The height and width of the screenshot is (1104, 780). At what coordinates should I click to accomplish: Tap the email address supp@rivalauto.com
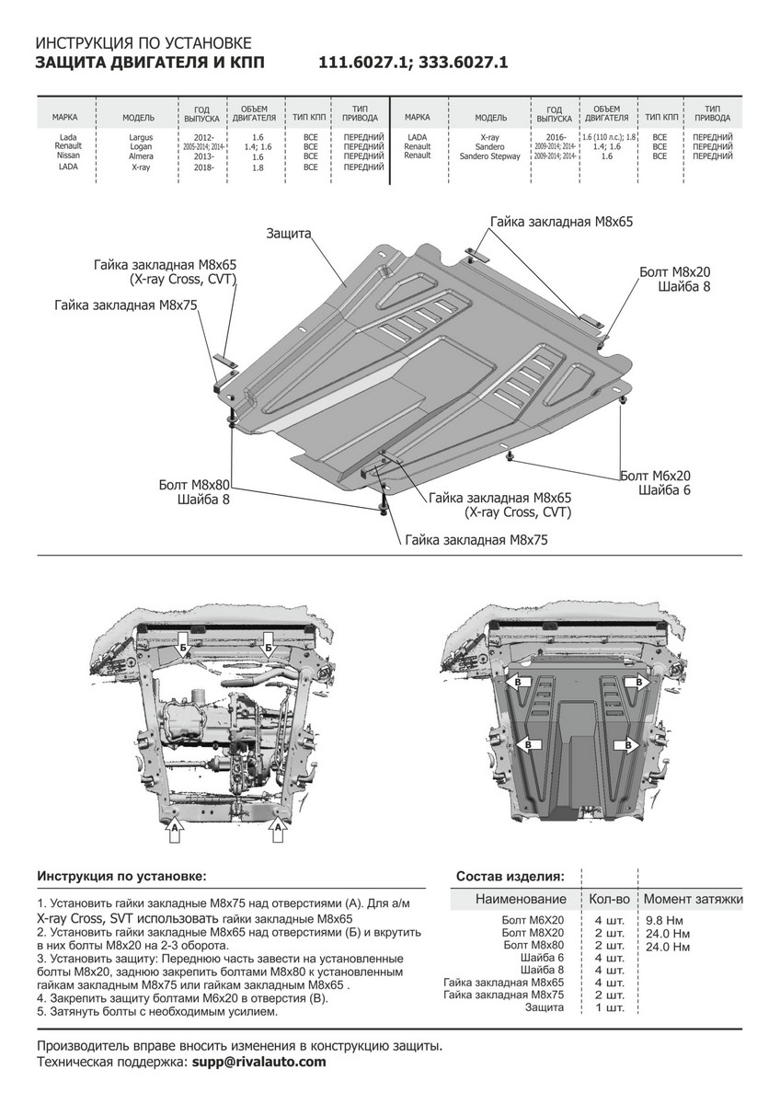[258, 1062]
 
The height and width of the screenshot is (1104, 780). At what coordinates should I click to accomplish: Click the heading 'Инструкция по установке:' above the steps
[122, 876]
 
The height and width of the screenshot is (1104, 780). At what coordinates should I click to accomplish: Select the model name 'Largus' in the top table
[141, 138]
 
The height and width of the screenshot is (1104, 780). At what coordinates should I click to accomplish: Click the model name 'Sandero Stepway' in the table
[490, 157]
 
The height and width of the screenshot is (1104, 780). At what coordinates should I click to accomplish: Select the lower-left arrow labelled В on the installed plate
[529, 743]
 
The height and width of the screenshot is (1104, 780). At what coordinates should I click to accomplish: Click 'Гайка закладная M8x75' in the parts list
[502, 995]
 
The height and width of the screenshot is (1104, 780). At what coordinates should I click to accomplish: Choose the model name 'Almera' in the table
[141, 157]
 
